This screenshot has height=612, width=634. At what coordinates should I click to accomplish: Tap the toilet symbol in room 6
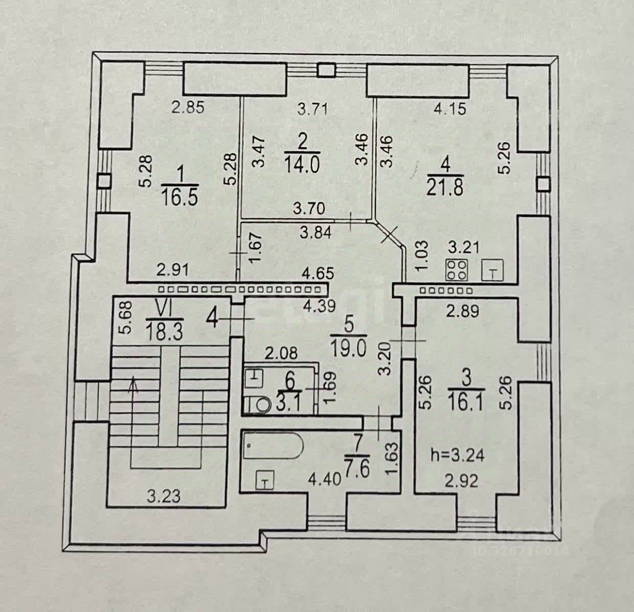[x=261, y=405]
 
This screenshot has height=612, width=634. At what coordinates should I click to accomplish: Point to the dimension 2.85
[x=188, y=108]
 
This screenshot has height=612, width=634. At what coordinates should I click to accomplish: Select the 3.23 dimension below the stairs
[x=164, y=496]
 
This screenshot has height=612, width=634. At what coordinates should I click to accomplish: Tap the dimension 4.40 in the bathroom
[x=319, y=481]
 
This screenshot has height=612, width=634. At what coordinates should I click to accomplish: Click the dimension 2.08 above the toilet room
[x=281, y=352]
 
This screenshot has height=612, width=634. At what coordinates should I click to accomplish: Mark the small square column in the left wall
[x=104, y=180]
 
